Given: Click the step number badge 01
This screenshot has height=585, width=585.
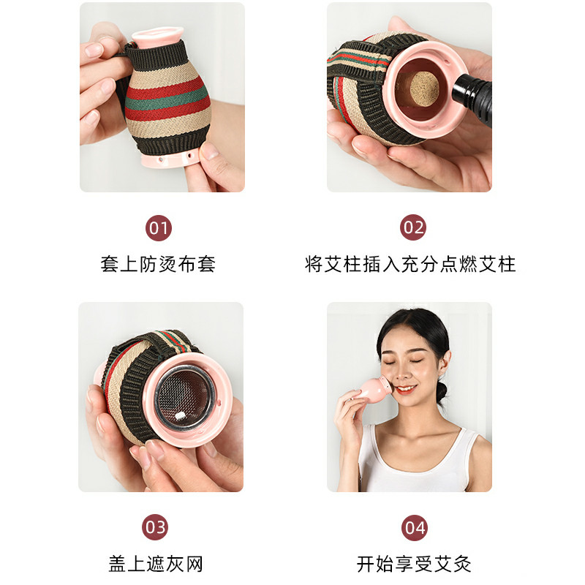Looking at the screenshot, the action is click(x=159, y=228).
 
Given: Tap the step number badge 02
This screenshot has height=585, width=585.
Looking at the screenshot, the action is click(x=413, y=227).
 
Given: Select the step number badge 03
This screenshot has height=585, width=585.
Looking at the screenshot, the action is click(x=155, y=527).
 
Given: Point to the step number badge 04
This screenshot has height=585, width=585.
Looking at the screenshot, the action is click(x=415, y=527).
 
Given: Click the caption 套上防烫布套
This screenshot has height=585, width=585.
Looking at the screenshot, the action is click(x=158, y=264).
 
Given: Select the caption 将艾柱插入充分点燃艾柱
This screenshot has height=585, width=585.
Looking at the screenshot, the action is click(x=410, y=264).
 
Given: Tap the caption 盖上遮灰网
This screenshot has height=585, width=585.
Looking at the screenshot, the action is click(x=156, y=564).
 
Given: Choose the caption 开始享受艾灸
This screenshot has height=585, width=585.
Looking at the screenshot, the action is click(x=414, y=564).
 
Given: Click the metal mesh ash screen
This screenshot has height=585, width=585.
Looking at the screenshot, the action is click(x=184, y=396).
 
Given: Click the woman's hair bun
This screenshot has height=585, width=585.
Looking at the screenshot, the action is click(x=442, y=391).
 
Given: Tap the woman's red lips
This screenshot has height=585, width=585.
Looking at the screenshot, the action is click(x=405, y=389).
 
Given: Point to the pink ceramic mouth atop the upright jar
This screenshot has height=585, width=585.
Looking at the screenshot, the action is click(x=158, y=37).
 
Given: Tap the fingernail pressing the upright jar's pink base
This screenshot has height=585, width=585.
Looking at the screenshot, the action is click(x=209, y=151).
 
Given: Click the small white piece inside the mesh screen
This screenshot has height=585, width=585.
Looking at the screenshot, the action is click(x=180, y=415).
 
